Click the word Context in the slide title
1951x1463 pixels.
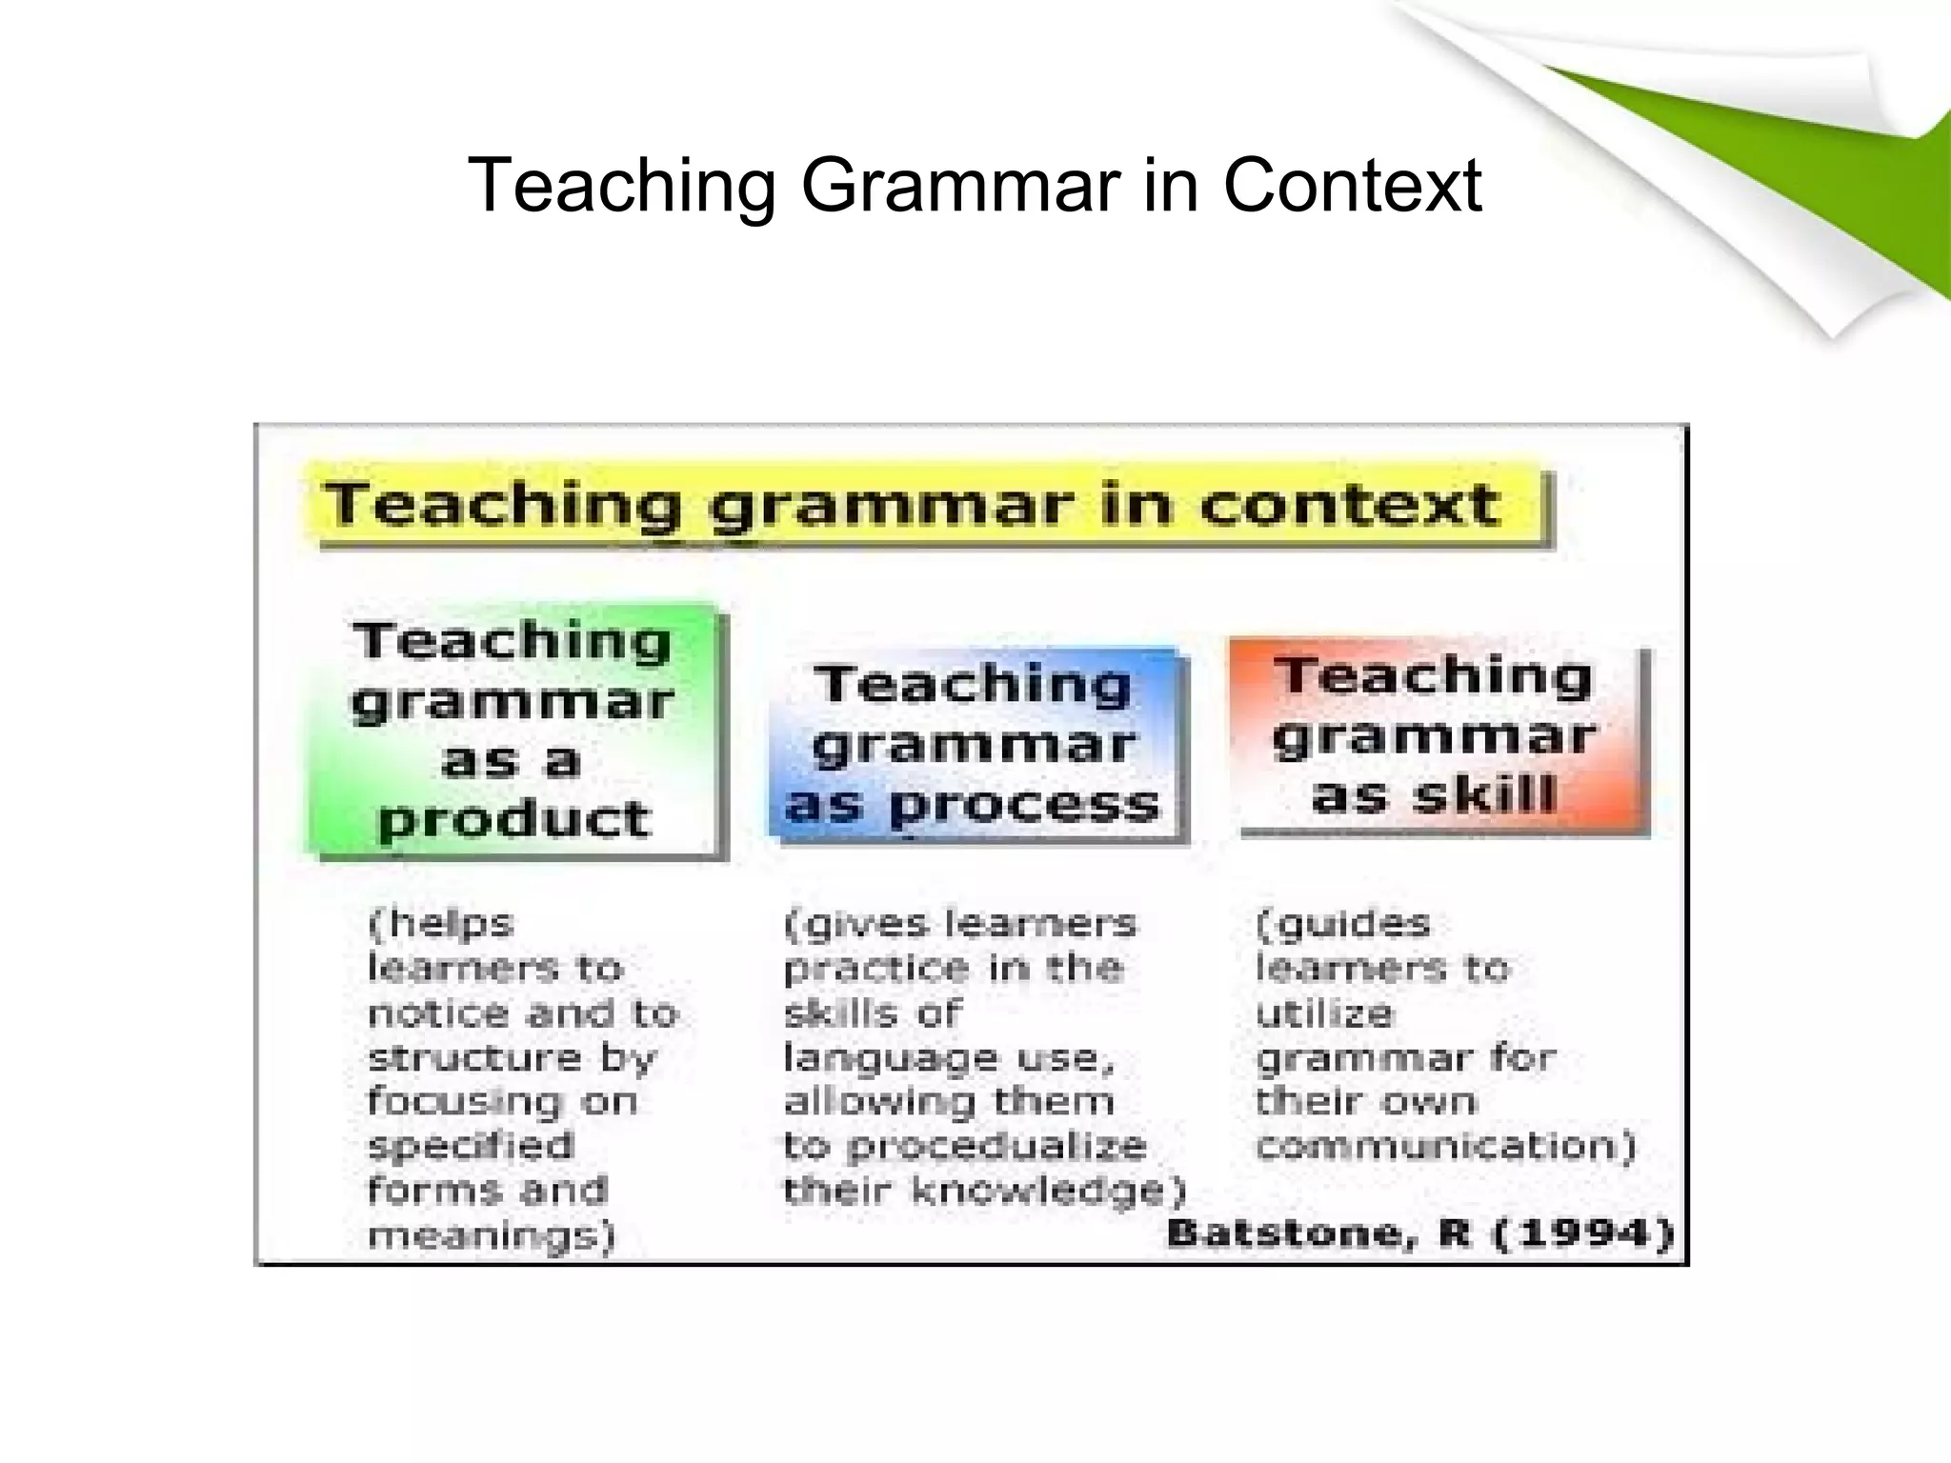click(x=1352, y=185)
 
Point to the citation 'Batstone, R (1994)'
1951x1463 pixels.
click(x=1420, y=1233)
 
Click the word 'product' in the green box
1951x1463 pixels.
click(x=514, y=819)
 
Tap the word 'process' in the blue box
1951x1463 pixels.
click(x=1024, y=806)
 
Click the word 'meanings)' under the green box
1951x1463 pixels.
click(x=492, y=1235)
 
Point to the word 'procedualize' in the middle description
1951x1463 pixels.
click(x=996, y=1146)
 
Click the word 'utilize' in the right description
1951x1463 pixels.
click(x=1324, y=1012)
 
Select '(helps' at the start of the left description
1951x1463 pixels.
click(x=441, y=923)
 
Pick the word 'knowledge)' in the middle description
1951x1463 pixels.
click(x=1049, y=1191)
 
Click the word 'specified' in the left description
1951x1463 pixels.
click(x=471, y=1146)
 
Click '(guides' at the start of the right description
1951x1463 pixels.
click(x=1343, y=923)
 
